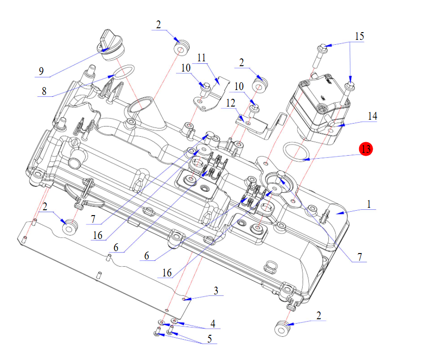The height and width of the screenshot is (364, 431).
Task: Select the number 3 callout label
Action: [x=215, y=291]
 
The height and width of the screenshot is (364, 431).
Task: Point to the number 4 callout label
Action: [x=213, y=324]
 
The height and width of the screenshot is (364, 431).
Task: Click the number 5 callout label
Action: [x=210, y=339]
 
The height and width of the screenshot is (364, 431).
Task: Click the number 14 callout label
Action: [x=373, y=116]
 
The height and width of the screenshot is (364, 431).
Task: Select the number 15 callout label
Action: [x=359, y=36]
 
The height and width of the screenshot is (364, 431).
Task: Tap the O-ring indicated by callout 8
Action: [x=122, y=72]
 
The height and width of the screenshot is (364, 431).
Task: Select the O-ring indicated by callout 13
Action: [x=298, y=151]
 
